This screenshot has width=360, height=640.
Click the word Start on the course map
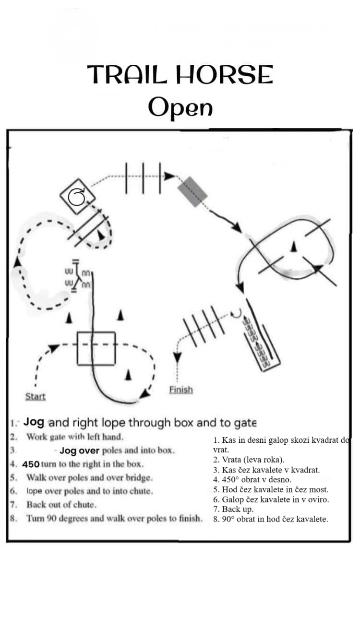coord(36,396)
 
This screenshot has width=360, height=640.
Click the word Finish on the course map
coord(181,390)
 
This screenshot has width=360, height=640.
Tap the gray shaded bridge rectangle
coord(192,191)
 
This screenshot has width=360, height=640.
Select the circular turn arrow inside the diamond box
coord(77,197)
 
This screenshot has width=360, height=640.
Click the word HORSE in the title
coord(224,74)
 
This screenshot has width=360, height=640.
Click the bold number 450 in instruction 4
coord(31,464)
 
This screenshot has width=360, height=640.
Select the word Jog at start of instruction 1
coord(34,422)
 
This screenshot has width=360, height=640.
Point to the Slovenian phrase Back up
coord(238,509)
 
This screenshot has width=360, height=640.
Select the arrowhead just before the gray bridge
coord(169,176)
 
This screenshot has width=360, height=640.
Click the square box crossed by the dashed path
coord(96,348)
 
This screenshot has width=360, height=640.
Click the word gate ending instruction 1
coord(245,423)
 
